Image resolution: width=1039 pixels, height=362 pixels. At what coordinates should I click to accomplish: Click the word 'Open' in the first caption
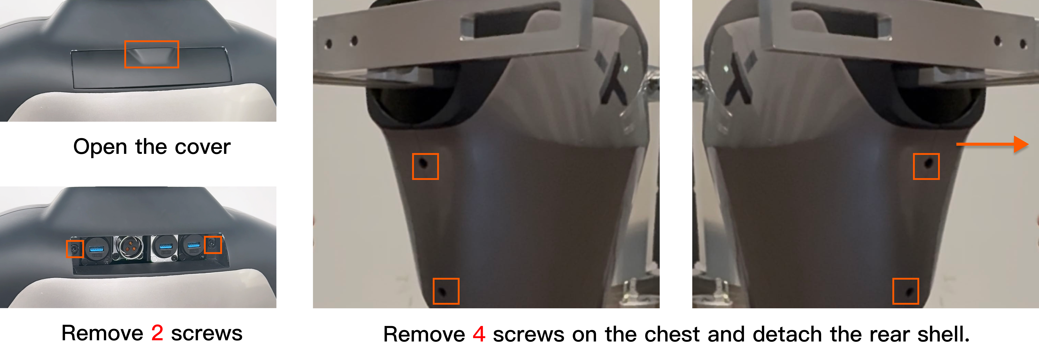coord(100,147)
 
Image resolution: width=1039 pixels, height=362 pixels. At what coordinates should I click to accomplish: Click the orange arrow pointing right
coord(992,144)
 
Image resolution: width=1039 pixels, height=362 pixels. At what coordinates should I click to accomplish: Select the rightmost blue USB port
coord(194,245)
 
